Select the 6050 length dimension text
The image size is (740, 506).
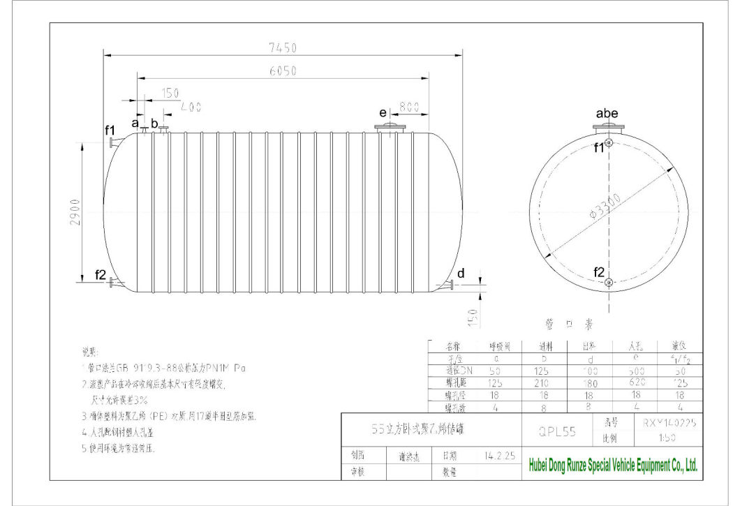pos(283,70)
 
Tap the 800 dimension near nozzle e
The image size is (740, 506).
pos(409,108)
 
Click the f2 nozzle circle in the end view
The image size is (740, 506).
pos(609,282)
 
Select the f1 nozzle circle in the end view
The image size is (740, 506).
pos(609,143)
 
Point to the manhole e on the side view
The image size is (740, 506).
pos(392,128)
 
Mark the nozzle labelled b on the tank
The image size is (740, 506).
pos(163,129)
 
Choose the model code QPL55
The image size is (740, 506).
pos(557,431)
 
